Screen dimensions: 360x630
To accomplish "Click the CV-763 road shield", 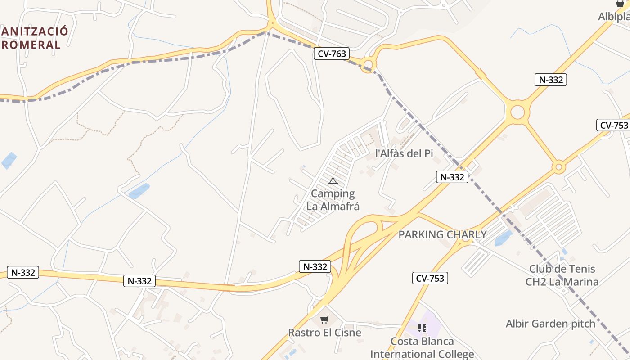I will (332, 54).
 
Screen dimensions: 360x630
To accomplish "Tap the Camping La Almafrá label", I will (333, 200).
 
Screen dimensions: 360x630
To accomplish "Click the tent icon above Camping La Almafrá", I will (333, 181).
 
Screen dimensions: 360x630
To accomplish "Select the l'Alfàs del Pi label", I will (404, 153).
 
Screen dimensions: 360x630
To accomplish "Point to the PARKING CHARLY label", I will (442, 234).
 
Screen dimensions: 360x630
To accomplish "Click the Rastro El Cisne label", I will (324, 333).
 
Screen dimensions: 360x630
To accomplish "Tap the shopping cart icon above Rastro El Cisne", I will (324, 320).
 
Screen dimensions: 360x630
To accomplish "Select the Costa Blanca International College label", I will (422, 347).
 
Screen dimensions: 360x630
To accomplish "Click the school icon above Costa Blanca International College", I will (422, 328).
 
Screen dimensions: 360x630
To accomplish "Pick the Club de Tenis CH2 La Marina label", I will (562, 275).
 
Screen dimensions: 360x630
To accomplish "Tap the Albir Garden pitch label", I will (550, 324).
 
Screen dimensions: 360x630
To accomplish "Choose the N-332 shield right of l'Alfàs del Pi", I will (452, 177).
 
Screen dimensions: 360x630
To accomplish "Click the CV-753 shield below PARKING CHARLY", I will (430, 278).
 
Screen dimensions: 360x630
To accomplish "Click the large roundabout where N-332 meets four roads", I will (517, 112).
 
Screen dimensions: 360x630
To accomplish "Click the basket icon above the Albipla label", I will (620, 4).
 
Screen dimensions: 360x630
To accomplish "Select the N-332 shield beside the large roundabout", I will (551, 80).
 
